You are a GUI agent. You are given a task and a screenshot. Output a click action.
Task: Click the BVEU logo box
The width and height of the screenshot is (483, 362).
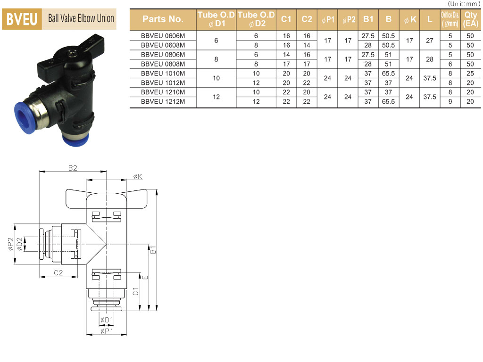(22, 19)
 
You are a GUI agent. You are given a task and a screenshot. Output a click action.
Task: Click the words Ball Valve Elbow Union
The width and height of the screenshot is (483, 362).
(81, 18)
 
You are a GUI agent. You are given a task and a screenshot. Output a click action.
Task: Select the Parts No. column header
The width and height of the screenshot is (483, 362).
(163, 19)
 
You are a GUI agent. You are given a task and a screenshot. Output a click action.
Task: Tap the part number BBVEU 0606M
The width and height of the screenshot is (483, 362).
(163, 36)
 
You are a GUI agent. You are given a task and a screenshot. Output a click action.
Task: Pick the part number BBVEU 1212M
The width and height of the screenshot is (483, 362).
(163, 102)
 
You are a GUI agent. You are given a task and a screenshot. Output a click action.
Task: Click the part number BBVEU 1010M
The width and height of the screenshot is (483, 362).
(163, 74)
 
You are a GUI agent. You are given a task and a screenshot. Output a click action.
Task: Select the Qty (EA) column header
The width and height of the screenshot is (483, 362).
(470, 19)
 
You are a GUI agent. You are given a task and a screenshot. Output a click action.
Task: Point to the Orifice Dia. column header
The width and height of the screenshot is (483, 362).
(450, 19)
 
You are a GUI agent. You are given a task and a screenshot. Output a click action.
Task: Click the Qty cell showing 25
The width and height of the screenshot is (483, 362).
(470, 74)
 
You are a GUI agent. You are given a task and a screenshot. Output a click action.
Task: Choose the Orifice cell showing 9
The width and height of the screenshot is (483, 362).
(450, 102)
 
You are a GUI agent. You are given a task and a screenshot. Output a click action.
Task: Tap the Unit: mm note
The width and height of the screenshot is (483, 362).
(464, 4)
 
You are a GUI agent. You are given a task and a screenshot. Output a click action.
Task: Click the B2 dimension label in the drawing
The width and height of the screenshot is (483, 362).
(73, 168)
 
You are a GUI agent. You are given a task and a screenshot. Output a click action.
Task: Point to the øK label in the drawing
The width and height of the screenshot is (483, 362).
(138, 176)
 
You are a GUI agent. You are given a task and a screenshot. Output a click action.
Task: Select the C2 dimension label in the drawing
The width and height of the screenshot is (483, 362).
(58, 273)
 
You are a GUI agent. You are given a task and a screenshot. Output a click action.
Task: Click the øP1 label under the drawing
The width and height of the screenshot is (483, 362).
(107, 331)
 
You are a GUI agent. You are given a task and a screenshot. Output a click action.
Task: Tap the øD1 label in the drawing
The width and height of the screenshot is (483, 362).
(107, 320)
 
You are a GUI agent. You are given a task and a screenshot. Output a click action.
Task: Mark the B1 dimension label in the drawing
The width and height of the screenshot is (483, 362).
(153, 249)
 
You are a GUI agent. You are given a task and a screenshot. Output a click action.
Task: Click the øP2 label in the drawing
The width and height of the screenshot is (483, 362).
(11, 244)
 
